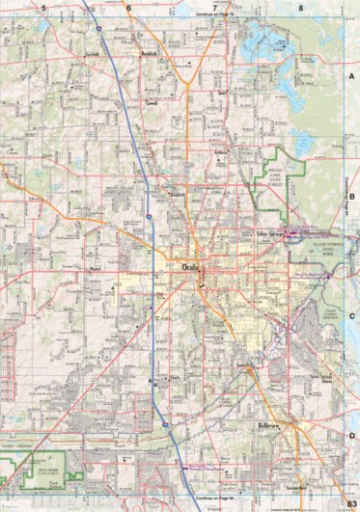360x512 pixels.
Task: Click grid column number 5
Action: [43, 7]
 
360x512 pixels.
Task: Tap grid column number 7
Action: [213, 7]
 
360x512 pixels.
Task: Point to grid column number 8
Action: [300, 7]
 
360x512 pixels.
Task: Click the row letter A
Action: [352, 74]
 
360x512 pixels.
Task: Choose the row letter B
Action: [352, 195]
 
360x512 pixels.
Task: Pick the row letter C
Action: [352, 315]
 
